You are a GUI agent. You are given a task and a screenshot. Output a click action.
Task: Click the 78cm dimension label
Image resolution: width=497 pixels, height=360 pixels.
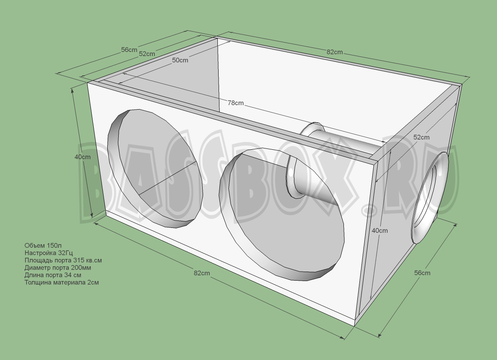(x=236, y=103)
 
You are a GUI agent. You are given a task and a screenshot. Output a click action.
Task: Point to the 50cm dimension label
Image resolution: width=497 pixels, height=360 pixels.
(x=180, y=60)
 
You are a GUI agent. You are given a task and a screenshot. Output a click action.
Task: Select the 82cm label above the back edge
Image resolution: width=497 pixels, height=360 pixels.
(x=334, y=52)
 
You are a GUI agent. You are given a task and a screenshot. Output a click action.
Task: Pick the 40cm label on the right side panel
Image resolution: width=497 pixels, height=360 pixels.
(x=380, y=230)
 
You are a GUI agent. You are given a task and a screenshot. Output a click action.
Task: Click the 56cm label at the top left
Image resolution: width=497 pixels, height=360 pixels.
(x=129, y=50)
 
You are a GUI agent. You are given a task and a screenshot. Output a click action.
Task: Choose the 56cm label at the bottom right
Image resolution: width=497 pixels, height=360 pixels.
(x=422, y=272)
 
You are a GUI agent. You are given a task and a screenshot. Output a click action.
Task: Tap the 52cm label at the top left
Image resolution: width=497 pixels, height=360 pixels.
(x=147, y=54)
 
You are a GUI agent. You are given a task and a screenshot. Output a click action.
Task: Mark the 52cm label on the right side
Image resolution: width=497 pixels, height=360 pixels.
(x=421, y=137)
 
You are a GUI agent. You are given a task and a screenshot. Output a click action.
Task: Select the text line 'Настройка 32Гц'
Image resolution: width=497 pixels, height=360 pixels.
(x=49, y=253)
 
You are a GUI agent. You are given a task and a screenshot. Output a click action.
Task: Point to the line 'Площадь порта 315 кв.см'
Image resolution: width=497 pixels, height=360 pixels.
(x=63, y=260)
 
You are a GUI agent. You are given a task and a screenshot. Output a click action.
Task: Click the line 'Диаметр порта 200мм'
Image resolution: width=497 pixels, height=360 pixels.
(x=58, y=268)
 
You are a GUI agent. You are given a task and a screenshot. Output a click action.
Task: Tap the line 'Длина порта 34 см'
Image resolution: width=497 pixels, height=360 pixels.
(x=52, y=275)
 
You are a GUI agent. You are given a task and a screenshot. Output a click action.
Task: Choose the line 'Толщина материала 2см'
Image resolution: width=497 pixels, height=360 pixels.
(x=61, y=282)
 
